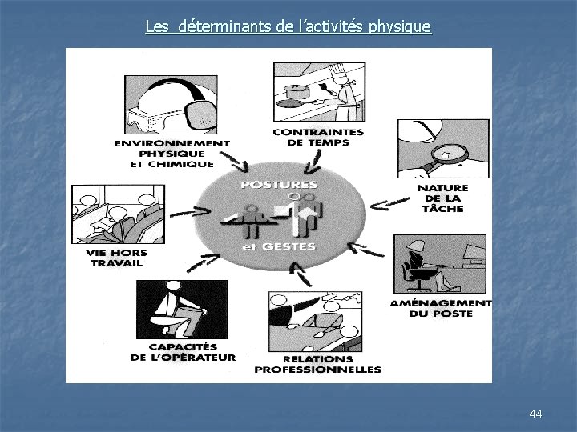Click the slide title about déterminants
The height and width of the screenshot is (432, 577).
(288, 28)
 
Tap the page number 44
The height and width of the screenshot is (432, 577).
(536, 414)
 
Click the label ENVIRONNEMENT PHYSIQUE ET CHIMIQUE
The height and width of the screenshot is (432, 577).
(171, 154)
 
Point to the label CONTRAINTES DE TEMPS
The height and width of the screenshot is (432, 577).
(318, 138)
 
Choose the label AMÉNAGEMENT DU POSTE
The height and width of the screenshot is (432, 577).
(441, 308)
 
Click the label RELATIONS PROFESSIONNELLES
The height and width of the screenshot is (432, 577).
(317, 364)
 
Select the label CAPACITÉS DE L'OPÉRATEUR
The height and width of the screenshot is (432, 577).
(183, 353)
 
